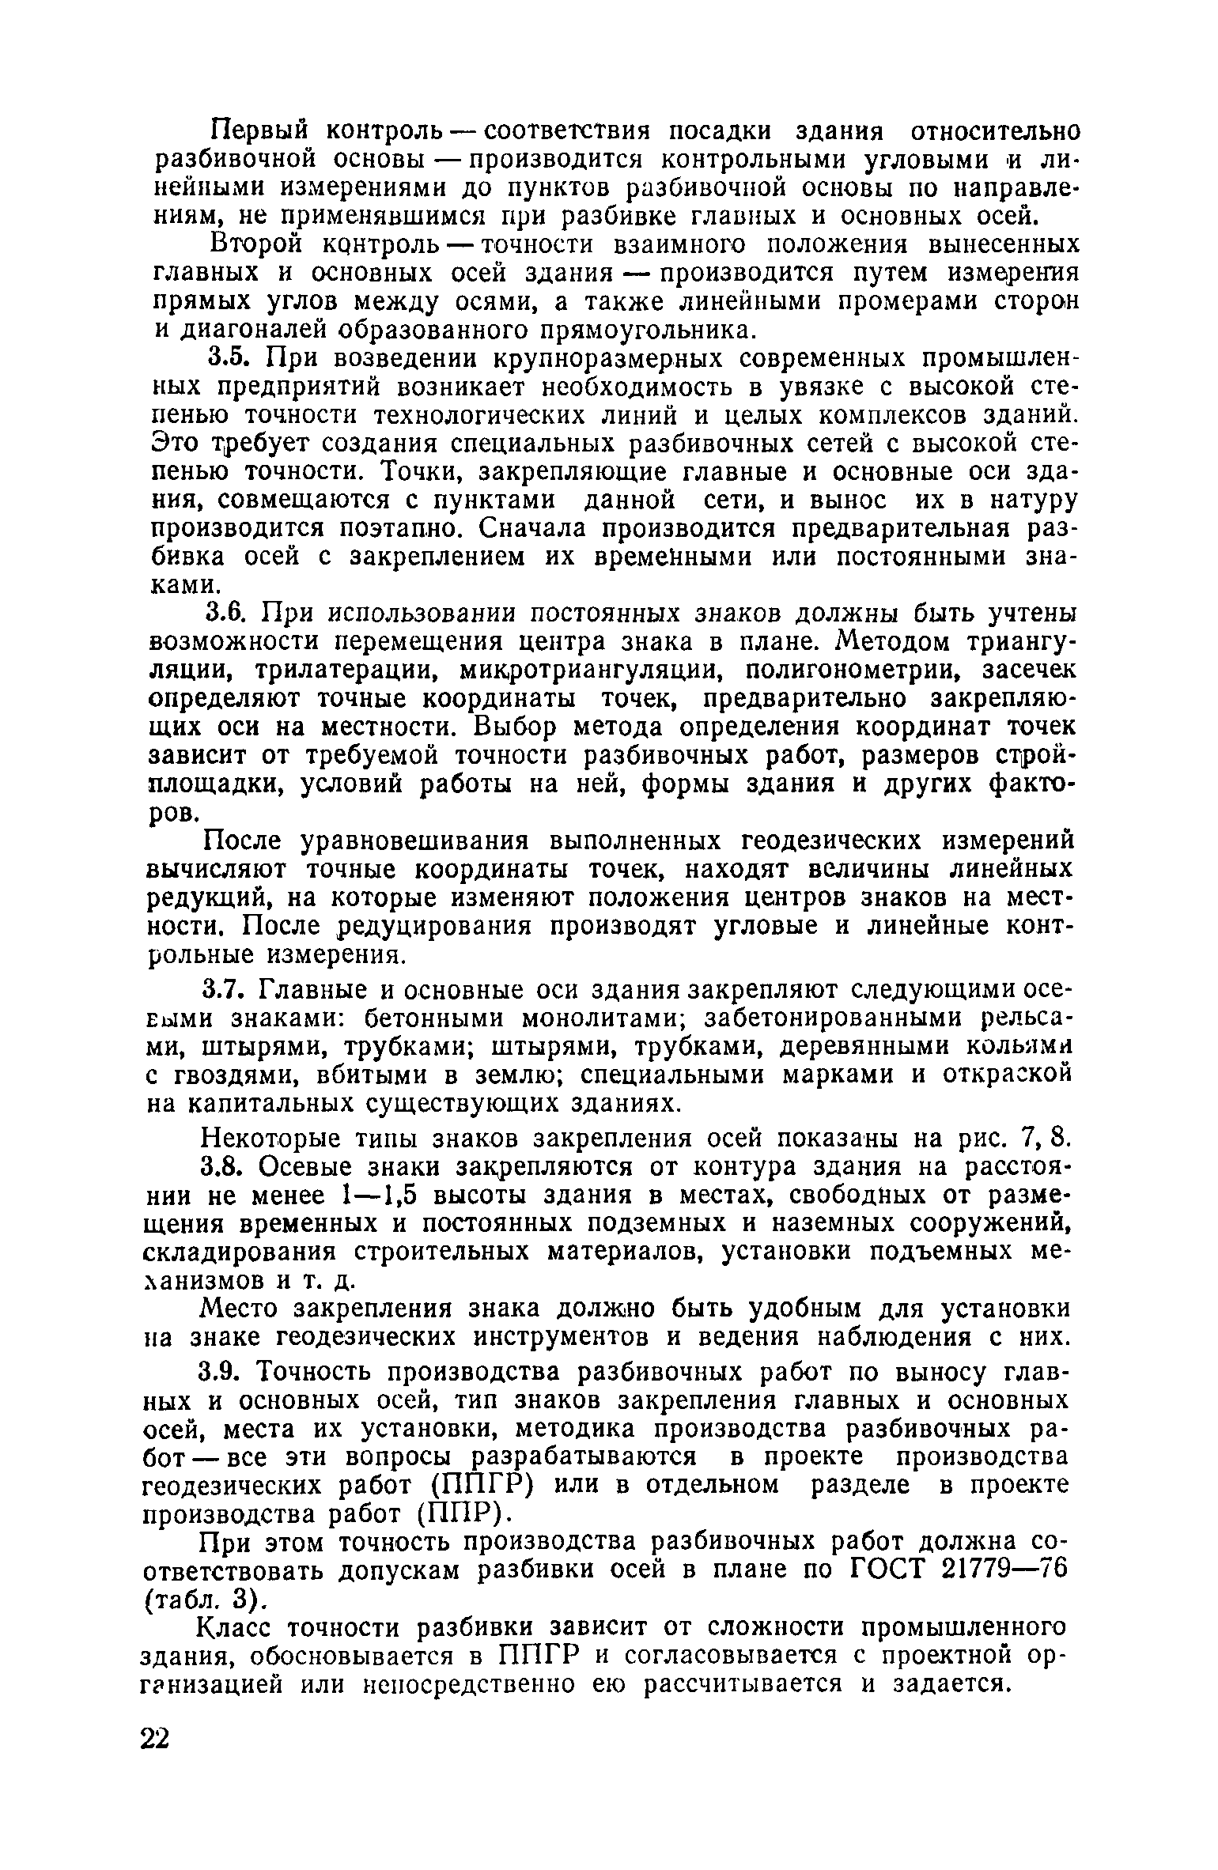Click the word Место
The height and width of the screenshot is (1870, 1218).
pyautogui.click(x=242, y=1309)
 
